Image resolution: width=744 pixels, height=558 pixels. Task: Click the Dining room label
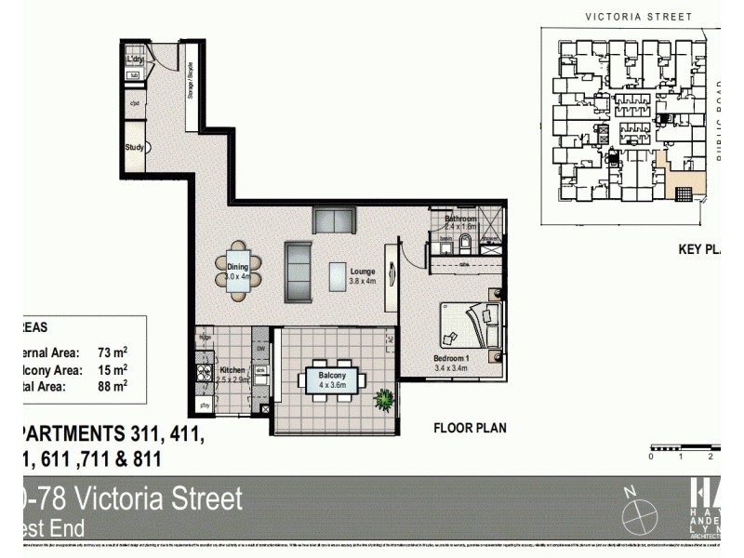[237, 267]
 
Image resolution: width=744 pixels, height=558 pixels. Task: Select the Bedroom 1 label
[451, 358]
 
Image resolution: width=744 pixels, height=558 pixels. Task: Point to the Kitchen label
[232, 369]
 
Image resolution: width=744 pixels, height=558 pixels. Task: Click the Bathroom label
[460, 219]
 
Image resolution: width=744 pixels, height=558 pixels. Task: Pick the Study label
[134, 147]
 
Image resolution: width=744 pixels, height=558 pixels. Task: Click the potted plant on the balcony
[383, 401]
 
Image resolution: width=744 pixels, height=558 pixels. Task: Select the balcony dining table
[333, 379]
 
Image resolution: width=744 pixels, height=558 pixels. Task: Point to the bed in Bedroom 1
[470, 327]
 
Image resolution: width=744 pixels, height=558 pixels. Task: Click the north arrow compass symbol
[641, 514]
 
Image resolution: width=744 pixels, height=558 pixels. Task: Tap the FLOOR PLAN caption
[471, 429]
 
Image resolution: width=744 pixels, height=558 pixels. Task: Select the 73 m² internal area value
[113, 352]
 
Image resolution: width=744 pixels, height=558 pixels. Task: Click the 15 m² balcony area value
[113, 368]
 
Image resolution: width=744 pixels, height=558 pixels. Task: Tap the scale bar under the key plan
[684, 448]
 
